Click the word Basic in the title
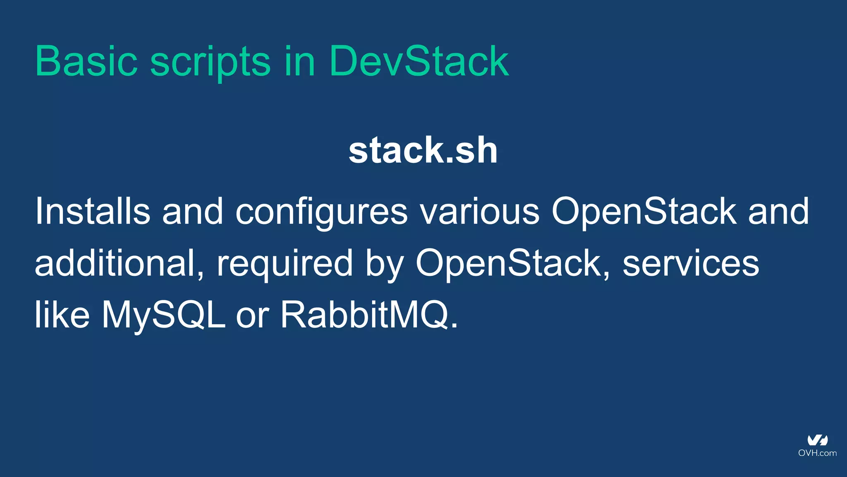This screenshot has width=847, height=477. (86, 61)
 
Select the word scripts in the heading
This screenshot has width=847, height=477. (210, 62)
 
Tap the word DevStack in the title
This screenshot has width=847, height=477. (419, 61)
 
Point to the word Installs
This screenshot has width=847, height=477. (92, 211)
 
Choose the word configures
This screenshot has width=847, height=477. (321, 212)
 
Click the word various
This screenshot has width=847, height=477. (480, 212)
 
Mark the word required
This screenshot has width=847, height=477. (285, 264)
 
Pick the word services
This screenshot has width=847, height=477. (691, 264)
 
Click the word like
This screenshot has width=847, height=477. (62, 314)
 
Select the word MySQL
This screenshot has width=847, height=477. (164, 315)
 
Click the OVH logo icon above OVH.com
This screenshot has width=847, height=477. (817, 440)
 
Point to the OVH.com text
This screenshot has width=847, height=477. (817, 453)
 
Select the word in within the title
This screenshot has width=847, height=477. (299, 61)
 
